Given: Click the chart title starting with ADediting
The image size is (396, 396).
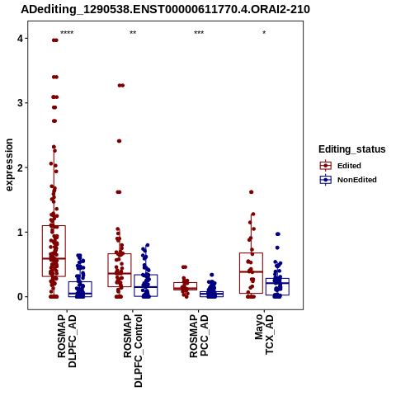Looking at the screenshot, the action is click(166, 10).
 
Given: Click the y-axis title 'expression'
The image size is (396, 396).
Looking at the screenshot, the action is click(9, 165).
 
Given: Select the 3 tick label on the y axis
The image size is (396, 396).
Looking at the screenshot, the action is click(20, 103).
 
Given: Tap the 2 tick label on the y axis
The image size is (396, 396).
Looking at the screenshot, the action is click(20, 167).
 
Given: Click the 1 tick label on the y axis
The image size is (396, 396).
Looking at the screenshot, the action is click(20, 233).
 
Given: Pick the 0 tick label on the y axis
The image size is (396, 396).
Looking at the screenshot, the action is click(20, 297).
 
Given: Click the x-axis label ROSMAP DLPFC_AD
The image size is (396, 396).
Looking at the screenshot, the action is click(67, 341).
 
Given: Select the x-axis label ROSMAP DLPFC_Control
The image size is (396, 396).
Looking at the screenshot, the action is click(133, 351).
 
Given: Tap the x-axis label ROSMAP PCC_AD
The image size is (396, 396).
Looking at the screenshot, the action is click(199, 336).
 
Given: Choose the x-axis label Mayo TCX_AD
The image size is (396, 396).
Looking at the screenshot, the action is click(264, 335).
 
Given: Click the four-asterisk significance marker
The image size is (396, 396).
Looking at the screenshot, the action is click(67, 32).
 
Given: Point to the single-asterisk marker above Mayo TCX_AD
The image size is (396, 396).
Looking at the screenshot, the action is click(264, 32).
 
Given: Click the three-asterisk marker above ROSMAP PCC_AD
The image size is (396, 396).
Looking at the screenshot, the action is click(199, 32).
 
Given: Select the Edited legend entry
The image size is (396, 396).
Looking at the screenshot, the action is click(349, 166).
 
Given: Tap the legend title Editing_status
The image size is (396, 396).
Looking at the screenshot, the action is click(352, 149).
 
